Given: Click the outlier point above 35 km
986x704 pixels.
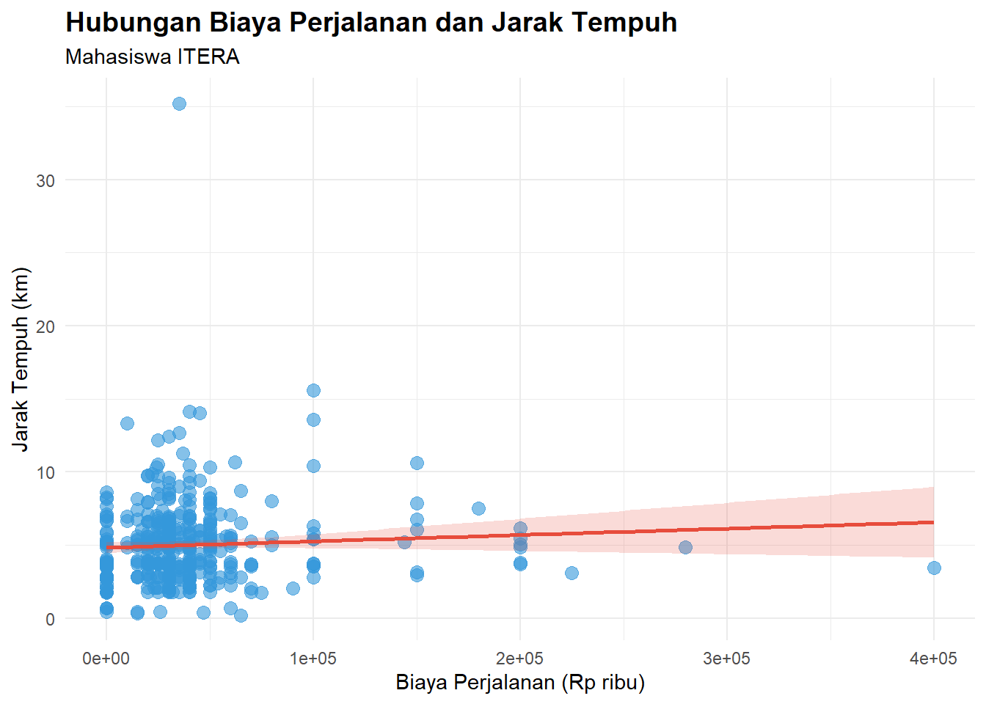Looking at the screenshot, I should [x=179, y=104].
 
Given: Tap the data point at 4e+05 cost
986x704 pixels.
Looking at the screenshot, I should [x=934, y=568].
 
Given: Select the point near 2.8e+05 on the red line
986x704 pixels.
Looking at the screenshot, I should [x=685, y=547].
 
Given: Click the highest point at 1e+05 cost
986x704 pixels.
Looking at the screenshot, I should [x=313, y=390].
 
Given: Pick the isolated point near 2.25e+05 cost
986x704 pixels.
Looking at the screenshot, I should [x=571, y=573].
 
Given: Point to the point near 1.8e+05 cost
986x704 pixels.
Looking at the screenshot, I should [x=478, y=508].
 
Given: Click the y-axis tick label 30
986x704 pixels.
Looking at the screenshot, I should [x=45, y=180].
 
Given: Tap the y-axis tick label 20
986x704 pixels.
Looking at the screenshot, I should [x=45, y=326].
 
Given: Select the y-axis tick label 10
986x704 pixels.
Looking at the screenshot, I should [x=45, y=472].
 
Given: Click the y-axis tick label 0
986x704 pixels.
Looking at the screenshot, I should [x=50, y=619].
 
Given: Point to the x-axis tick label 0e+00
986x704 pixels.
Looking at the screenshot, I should [x=106, y=659].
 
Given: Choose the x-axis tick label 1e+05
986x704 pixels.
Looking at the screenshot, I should [x=313, y=659].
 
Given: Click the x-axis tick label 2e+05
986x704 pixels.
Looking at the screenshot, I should [x=520, y=659].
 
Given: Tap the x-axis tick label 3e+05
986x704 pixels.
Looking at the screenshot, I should [x=727, y=659].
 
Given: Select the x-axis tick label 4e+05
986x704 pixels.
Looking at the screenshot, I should [x=934, y=659].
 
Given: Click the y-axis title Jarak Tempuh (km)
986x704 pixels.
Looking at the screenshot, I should [x=21, y=359].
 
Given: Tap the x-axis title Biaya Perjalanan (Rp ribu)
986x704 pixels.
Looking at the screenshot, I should [x=520, y=683].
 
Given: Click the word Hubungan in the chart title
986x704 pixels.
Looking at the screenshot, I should [x=133, y=23].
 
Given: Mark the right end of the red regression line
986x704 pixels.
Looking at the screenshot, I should [x=933, y=522].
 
